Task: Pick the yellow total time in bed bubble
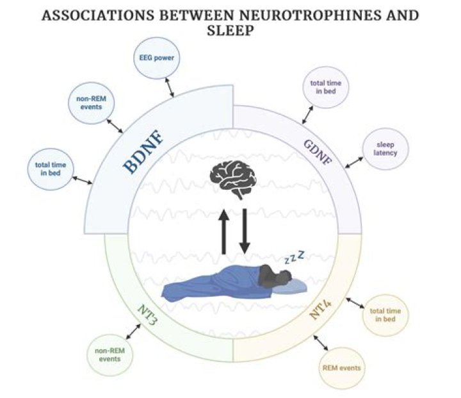[x=385, y=315]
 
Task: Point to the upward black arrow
[x=223, y=232]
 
